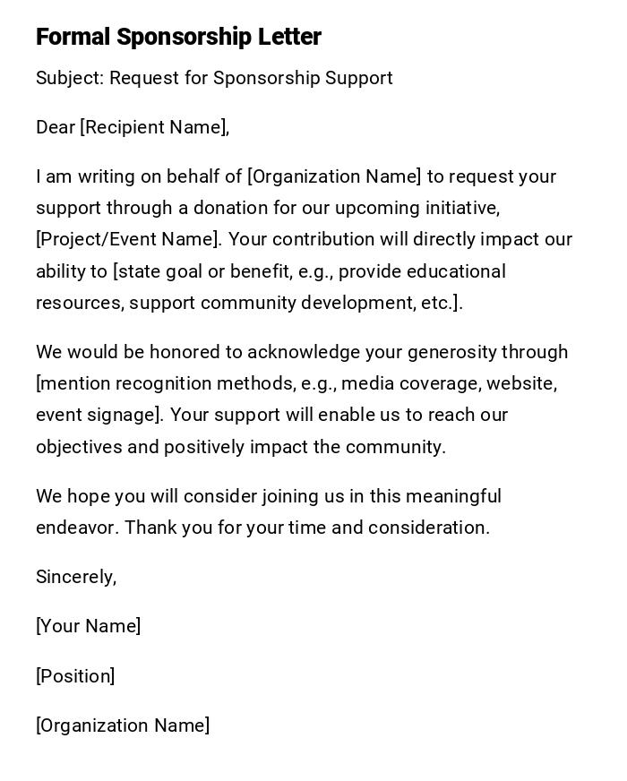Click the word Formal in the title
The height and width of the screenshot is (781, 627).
click(73, 37)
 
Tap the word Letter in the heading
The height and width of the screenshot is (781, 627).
click(289, 37)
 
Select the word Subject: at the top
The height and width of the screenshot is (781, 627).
click(70, 78)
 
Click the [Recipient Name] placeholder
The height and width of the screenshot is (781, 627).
click(154, 127)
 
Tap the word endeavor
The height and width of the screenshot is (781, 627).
click(76, 528)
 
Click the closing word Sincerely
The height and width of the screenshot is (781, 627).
click(75, 577)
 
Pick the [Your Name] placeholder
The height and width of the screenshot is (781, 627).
click(88, 626)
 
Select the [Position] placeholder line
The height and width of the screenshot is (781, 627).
click(75, 676)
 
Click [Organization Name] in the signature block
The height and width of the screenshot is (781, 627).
click(123, 725)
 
